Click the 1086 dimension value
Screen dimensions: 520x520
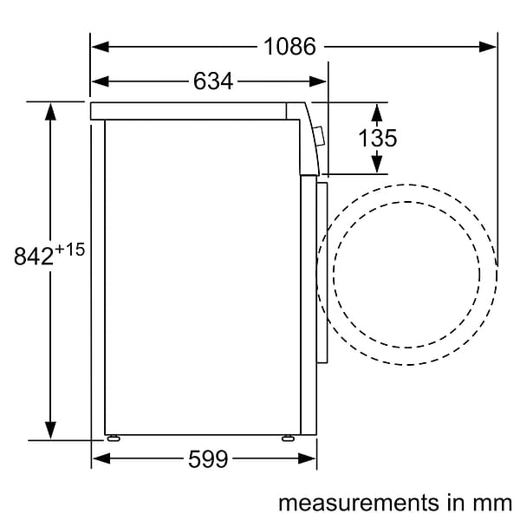pos(290,47)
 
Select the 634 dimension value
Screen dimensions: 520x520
pos(212,81)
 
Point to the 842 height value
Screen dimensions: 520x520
pos(34,257)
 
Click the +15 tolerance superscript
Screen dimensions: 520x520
pos(70,250)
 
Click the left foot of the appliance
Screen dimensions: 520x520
pos(114,438)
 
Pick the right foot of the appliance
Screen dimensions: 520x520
pos(287,438)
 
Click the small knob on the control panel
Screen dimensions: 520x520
pos(318,136)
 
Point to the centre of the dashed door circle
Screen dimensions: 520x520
pos(406,274)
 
